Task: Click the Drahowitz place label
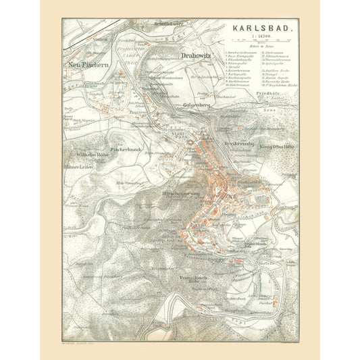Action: coord(196,55)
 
